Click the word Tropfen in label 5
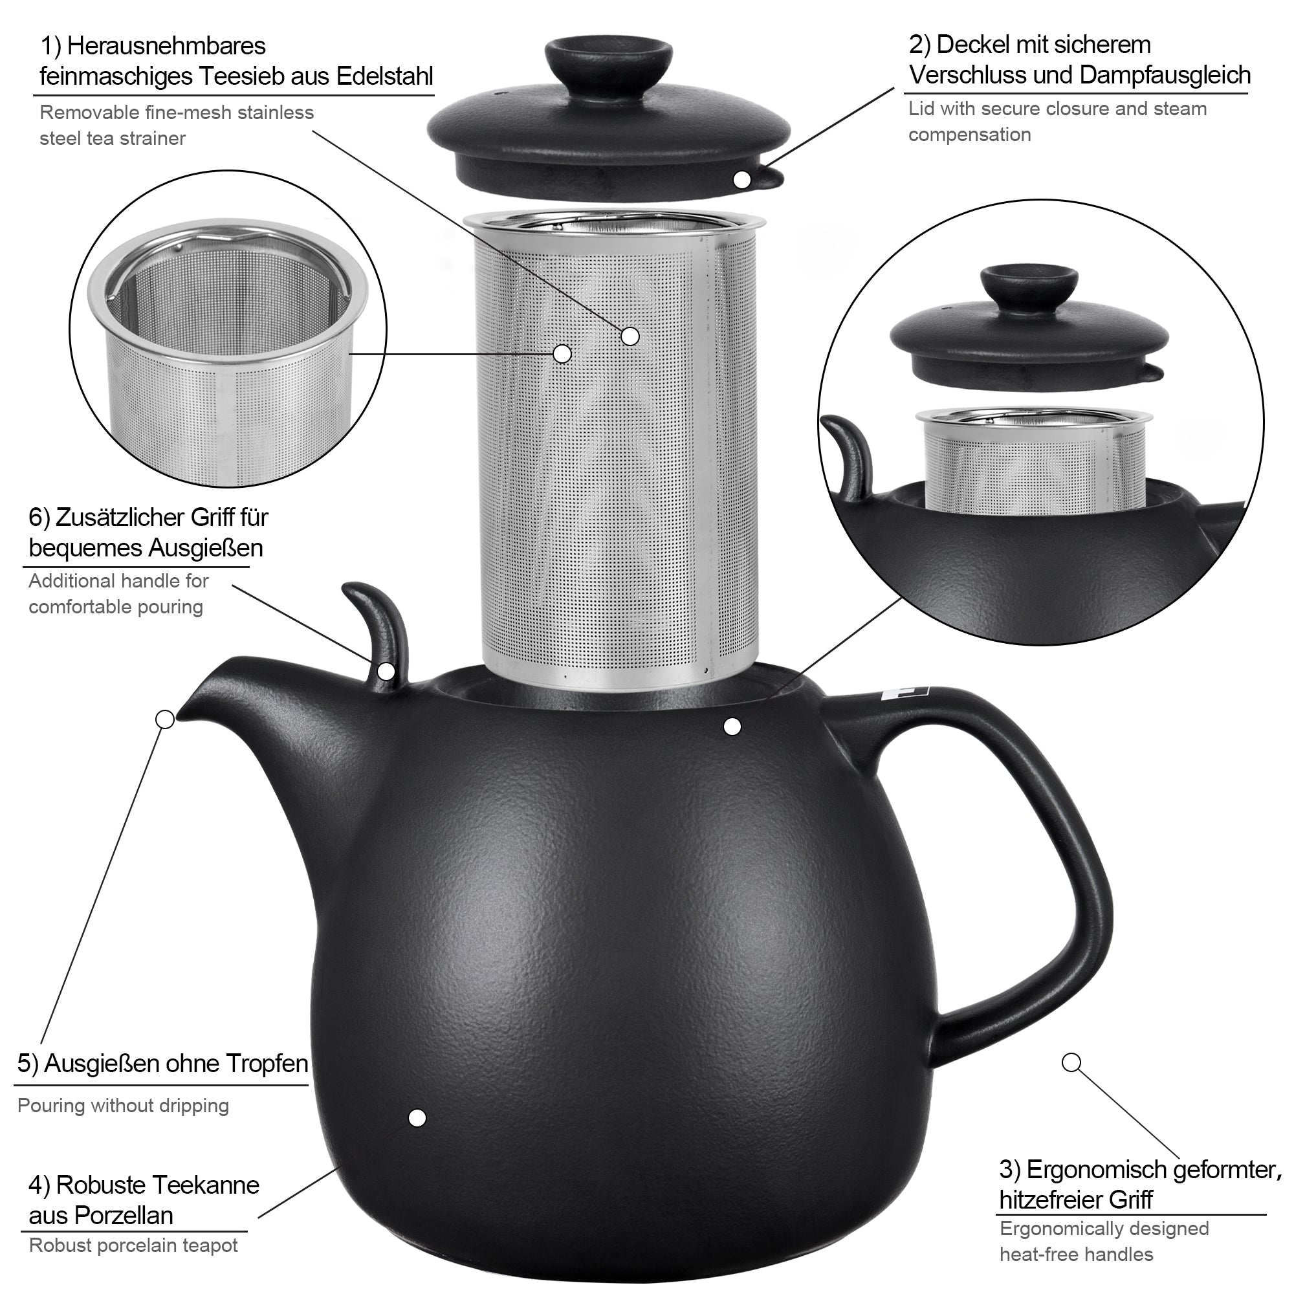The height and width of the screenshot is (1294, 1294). [267, 1064]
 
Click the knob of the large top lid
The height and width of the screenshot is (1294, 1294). [609, 61]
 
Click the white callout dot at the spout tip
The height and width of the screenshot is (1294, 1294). [165, 719]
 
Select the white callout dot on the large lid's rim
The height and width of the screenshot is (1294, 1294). [742, 179]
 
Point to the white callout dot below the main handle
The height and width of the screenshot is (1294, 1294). [1071, 1063]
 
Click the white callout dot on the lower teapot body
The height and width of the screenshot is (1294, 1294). [417, 1118]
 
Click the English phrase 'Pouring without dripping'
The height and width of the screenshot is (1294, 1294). [123, 1105]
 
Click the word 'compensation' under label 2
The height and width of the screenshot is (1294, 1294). [970, 135]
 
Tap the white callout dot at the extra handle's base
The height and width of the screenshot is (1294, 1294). [386, 670]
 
